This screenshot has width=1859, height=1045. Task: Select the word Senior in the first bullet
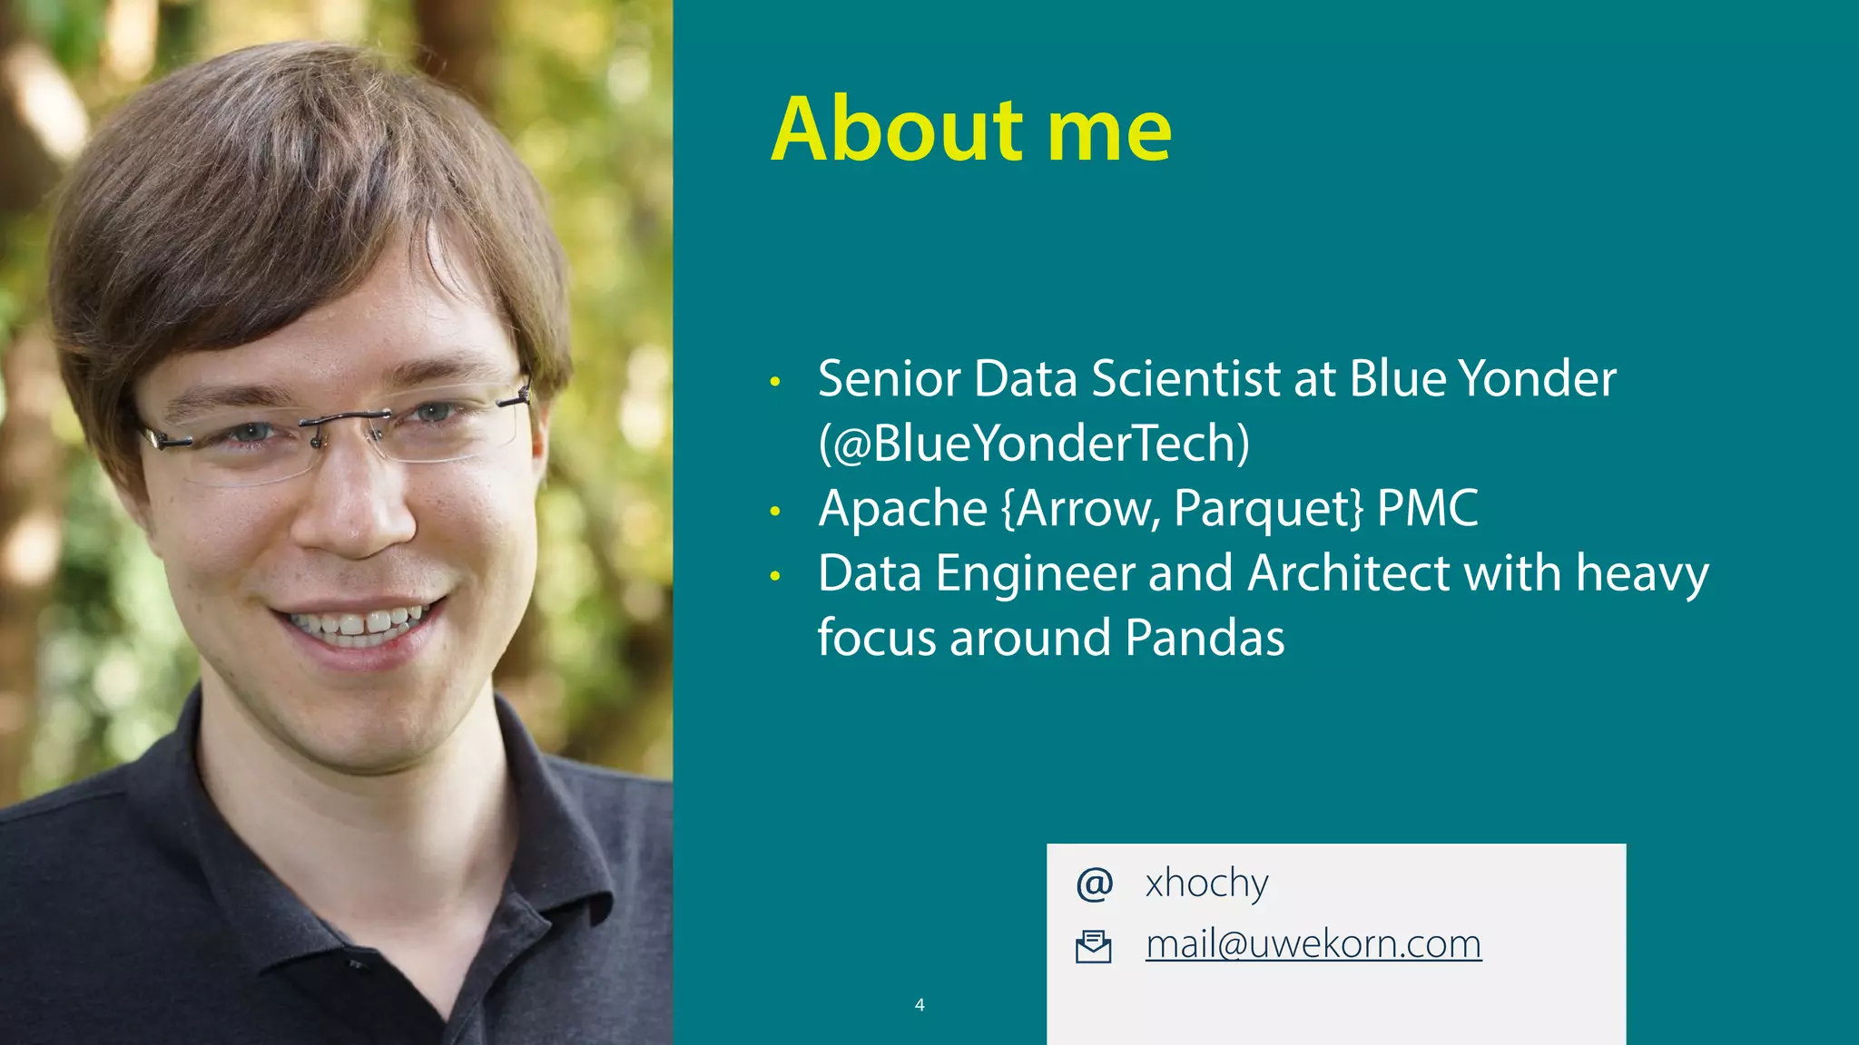click(x=889, y=378)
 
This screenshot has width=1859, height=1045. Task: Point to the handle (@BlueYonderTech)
click(x=1034, y=444)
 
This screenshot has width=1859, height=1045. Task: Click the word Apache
click(x=902, y=509)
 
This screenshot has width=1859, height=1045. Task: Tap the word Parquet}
click(x=1268, y=509)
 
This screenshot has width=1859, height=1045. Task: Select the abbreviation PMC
click(x=1428, y=508)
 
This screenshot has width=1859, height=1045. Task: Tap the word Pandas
click(x=1205, y=638)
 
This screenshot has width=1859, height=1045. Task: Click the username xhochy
click(x=1206, y=884)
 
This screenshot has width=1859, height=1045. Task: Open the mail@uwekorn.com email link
click(x=1313, y=944)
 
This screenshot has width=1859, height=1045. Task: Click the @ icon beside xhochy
click(x=1094, y=884)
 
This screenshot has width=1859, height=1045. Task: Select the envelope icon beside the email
click(x=1093, y=946)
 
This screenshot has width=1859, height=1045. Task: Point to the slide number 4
click(x=920, y=1004)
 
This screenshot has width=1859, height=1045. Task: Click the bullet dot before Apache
click(x=774, y=512)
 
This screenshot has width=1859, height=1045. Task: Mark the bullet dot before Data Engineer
click(x=774, y=576)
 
